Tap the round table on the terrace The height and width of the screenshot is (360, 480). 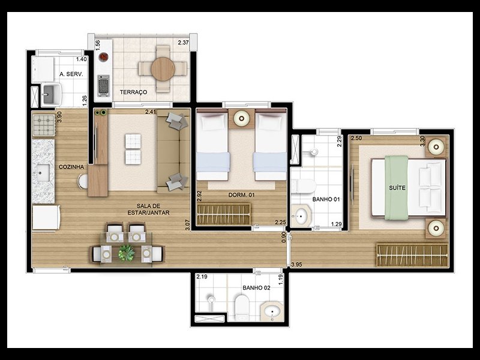(x=163, y=68)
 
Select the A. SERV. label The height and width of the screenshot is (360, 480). (x=71, y=74)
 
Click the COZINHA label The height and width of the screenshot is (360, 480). (x=71, y=167)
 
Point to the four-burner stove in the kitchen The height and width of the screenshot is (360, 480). (x=43, y=125)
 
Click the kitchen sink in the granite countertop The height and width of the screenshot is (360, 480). (x=42, y=173)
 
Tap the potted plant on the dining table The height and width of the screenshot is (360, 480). (x=127, y=253)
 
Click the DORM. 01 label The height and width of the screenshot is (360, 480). (x=242, y=194)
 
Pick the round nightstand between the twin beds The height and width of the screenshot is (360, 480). (x=242, y=118)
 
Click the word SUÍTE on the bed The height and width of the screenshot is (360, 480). (x=397, y=188)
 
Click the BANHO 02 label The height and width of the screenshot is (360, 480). (x=256, y=288)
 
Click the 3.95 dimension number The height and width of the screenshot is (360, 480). (x=296, y=265)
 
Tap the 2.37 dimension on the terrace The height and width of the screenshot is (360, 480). (x=184, y=43)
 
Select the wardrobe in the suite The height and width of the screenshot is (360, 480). (x=412, y=254)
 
